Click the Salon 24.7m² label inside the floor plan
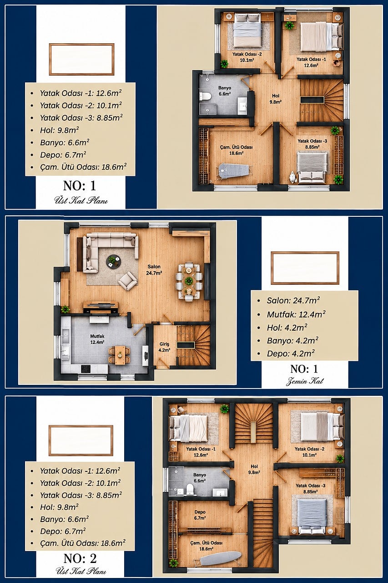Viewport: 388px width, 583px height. pos(154,270)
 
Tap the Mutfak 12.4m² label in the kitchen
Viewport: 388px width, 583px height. pos(97,339)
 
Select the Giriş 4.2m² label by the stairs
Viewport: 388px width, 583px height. pos(165,347)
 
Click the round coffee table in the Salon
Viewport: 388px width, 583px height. pos(114,261)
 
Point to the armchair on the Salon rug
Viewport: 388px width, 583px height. pos(128,281)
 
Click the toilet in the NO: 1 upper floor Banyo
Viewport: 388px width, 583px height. pos(205,97)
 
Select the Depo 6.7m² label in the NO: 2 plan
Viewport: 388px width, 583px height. pos(200,515)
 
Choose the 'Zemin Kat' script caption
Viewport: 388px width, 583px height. pos(305,382)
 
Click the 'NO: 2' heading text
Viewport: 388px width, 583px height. pos(80,558)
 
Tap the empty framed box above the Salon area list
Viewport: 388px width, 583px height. pos(305,268)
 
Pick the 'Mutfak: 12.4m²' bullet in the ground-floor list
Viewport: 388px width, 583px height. pos(296,314)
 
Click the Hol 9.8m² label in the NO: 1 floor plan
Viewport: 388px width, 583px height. pos(276,99)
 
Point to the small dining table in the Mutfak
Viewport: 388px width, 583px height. pos(120,355)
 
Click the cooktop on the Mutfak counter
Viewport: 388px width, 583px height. pos(86,368)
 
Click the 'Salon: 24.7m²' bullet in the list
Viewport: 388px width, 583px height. pos(293,301)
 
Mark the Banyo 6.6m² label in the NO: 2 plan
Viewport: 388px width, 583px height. pos(200,478)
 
